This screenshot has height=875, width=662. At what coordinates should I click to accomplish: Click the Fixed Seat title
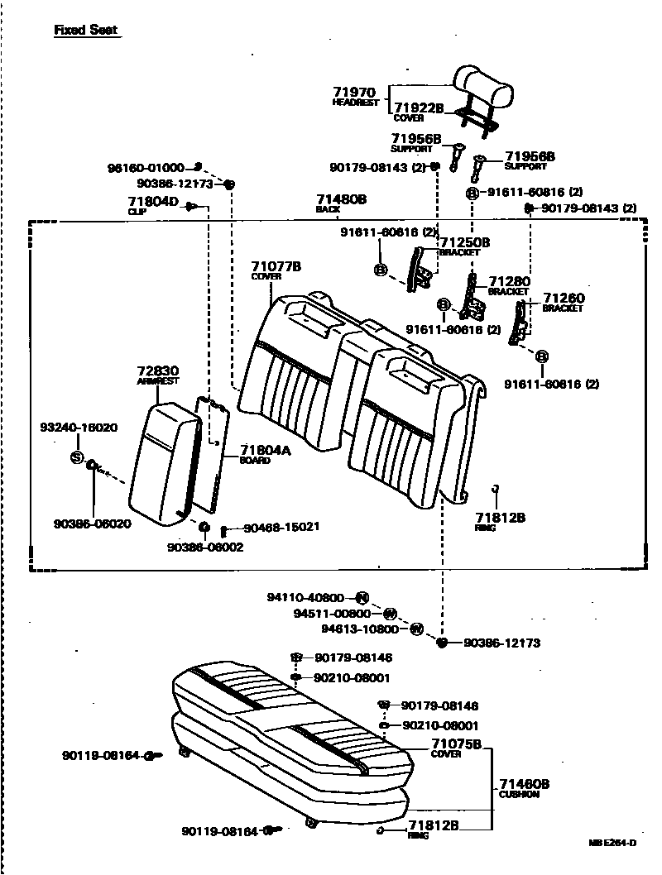85,31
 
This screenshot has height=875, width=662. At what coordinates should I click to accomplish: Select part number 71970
354,92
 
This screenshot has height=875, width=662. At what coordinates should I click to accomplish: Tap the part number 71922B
418,108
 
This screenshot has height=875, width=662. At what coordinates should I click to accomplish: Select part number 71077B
276,266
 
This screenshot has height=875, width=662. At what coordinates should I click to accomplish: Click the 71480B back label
341,199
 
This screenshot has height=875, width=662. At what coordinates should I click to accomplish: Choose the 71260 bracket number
562,298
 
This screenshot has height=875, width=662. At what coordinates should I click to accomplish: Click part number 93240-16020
79,428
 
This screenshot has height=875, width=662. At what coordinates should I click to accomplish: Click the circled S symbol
77,457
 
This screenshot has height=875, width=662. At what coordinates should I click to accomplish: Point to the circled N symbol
362,598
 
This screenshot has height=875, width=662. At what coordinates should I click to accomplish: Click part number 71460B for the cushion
524,784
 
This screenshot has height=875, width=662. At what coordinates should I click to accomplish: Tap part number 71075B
456,744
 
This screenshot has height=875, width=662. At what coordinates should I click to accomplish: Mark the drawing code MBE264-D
612,843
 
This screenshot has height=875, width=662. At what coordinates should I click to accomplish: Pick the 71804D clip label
153,201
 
